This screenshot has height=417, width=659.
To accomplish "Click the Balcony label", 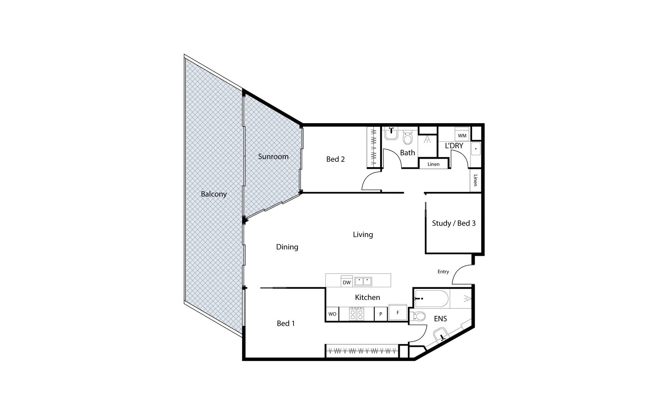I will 214,194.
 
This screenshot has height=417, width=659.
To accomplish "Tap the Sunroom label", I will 273,156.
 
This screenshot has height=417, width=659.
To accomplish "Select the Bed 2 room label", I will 335,159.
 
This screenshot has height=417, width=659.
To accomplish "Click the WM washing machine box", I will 462,136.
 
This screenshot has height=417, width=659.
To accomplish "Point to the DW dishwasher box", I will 347,282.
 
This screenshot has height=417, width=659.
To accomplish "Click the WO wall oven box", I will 332,314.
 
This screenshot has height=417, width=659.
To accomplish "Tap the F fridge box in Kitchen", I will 398,313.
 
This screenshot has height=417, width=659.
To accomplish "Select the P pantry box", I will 380,314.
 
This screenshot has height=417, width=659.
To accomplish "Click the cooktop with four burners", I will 357,314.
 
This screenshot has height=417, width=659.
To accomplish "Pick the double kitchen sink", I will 363,281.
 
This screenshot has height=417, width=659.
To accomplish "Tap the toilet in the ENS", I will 418,316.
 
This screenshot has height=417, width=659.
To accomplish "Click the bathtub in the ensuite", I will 432,298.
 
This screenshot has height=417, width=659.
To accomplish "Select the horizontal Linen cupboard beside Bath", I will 433,164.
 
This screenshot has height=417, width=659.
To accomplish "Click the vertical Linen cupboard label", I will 476,180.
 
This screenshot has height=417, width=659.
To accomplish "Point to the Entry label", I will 443,272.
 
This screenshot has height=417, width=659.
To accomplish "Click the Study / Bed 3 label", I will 453,223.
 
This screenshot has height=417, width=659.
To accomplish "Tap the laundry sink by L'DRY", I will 476,149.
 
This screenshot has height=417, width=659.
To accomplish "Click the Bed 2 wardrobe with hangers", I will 374,147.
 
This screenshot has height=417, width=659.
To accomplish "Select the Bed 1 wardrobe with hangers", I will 362,351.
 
